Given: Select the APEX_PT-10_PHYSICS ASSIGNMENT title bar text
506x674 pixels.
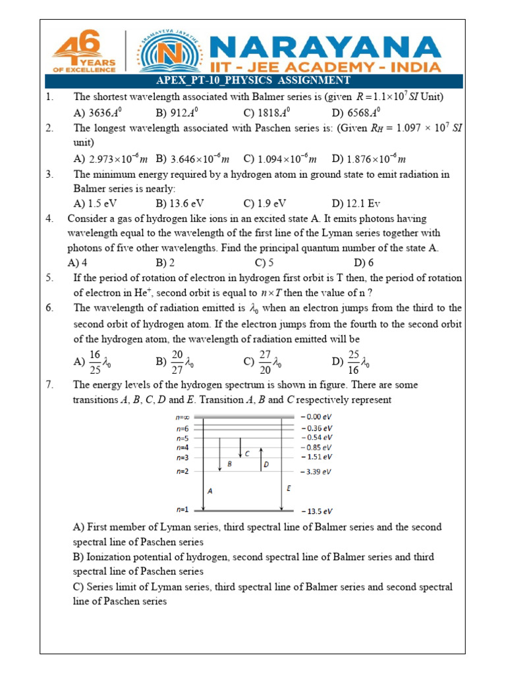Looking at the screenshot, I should point(253,80).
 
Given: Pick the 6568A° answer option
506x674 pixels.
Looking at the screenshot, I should point(356,113).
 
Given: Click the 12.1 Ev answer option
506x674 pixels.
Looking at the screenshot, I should point(356,203).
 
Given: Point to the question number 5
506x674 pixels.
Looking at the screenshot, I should point(49,278).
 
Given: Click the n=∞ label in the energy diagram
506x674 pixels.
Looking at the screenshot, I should point(183,417).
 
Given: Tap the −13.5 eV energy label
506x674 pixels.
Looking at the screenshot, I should point(317,511).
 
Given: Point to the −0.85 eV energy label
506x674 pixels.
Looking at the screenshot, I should point(317,447).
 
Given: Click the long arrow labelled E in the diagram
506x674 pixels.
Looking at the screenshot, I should point(282,464).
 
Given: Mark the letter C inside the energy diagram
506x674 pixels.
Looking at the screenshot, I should point(247,454).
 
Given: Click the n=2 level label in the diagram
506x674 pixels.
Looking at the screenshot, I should point(183,471).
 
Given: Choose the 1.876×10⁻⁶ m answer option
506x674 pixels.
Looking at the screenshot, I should point(368,159).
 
